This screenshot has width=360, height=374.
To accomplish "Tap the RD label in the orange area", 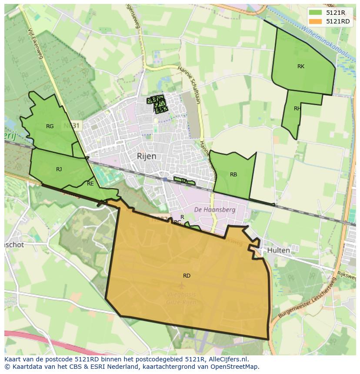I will click(187, 276).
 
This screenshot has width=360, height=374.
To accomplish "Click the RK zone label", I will click(301, 66).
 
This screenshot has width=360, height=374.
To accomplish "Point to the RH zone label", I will click(297, 109).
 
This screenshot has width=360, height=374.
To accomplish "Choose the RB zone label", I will click(233, 175).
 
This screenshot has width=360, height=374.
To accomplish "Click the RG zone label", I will click(50, 126).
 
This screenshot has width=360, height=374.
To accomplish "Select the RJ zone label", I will click(59, 169).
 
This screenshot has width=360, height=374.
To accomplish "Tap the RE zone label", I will click(90, 184).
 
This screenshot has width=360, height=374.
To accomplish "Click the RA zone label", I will click(184, 181).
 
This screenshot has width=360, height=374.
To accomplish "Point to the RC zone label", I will click(177, 222).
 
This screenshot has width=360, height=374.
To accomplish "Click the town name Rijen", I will click(147, 156).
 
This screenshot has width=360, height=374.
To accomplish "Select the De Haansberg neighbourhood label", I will click(215, 209).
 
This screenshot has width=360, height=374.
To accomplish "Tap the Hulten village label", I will click(278, 251).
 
